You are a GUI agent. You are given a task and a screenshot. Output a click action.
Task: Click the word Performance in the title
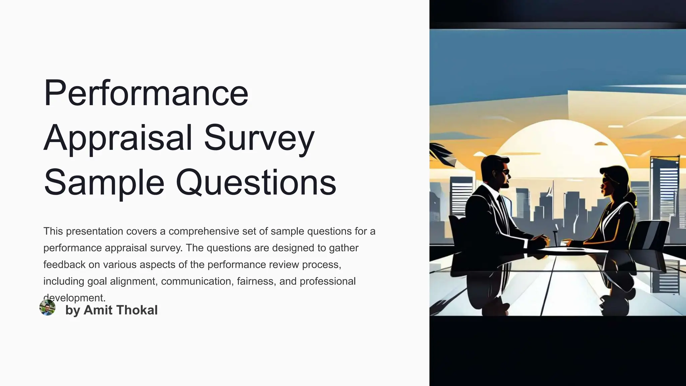(x=146, y=92)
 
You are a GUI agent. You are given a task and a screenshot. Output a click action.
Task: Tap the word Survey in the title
(x=259, y=138)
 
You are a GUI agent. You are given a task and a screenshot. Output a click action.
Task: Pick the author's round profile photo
(x=47, y=308)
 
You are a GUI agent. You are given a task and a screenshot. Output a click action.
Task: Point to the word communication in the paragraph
(x=196, y=281)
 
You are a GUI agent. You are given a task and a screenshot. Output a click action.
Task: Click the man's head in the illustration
(x=494, y=172)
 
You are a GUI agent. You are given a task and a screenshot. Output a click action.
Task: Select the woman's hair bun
(x=631, y=198)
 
